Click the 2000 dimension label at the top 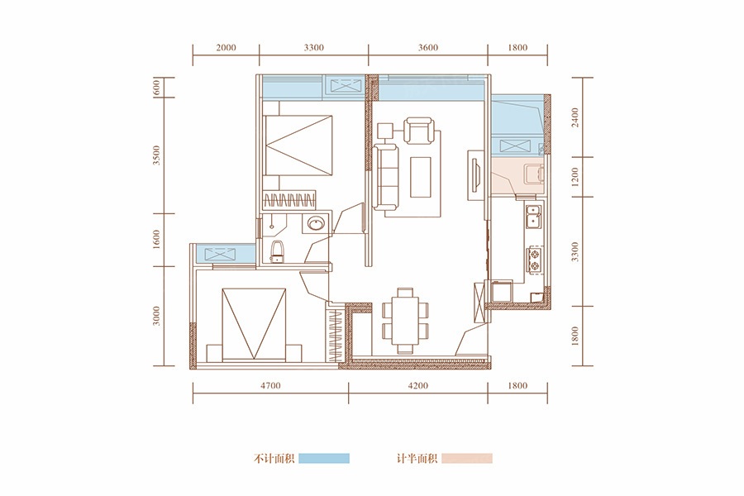[226, 47]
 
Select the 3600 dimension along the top [428, 47]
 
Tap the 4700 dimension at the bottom [270, 385]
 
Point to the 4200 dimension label [418, 385]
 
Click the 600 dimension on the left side [158, 88]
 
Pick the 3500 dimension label [158, 155]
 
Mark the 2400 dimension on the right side [575, 117]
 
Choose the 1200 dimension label [575, 177]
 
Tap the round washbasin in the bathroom [315, 223]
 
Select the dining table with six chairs [405, 321]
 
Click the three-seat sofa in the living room [384, 177]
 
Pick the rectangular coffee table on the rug [421, 177]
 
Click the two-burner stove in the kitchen [535, 260]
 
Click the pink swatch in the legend [467, 459]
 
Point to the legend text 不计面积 [274, 459]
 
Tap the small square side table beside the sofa [384, 130]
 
